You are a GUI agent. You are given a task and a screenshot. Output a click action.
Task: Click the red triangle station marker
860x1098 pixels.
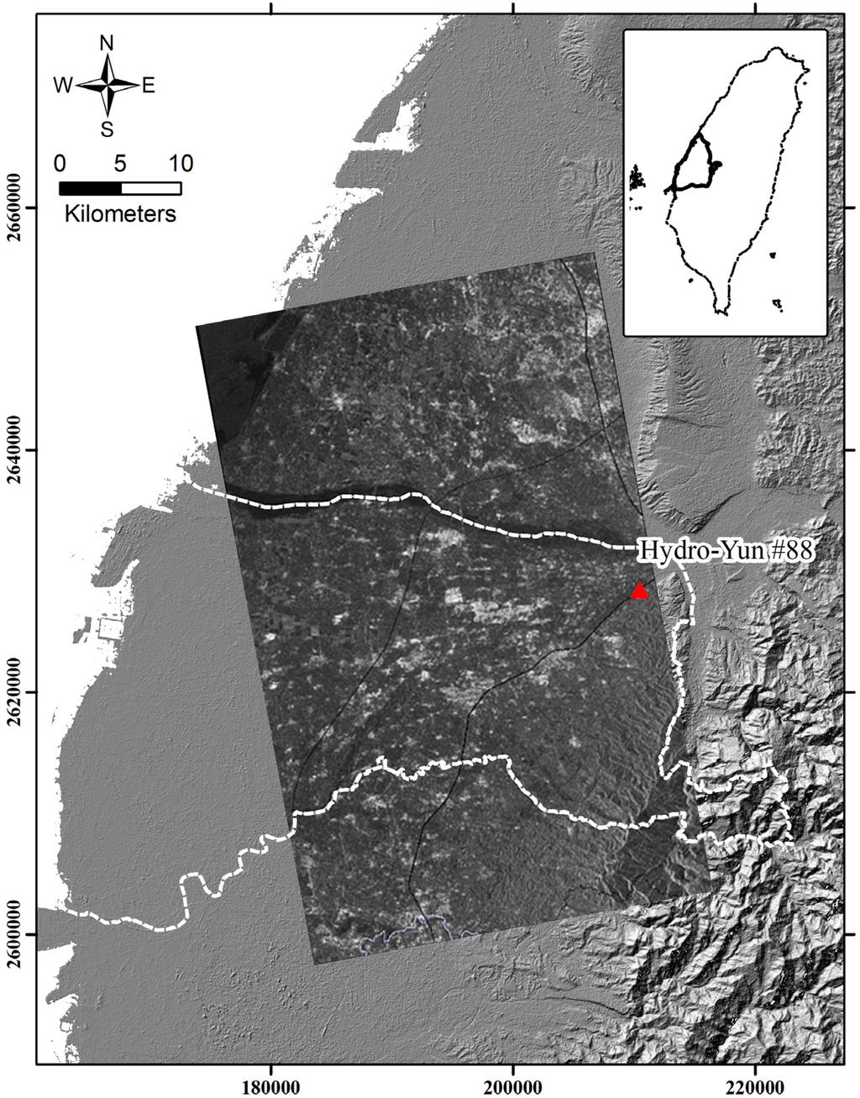click(640, 591)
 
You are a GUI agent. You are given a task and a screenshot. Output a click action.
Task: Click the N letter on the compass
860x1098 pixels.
click(107, 44)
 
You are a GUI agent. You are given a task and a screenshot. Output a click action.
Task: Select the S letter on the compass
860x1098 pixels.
click(107, 129)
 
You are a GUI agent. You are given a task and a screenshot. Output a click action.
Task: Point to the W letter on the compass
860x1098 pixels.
click(63, 85)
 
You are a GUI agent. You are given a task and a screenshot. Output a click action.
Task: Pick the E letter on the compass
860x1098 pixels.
click(149, 85)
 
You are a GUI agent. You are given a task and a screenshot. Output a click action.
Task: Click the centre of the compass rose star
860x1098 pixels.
click(107, 85)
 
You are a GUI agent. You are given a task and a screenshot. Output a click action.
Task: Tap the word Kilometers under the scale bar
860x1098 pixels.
click(120, 213)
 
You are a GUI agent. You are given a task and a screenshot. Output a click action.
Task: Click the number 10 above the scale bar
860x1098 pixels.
click(181, 162)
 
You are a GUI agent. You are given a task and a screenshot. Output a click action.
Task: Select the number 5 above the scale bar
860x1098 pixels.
click(120, 162)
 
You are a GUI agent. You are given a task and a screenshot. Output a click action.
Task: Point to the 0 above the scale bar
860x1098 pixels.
click(59, 162)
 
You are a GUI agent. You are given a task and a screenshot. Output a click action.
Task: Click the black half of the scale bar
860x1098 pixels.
click(90, 187)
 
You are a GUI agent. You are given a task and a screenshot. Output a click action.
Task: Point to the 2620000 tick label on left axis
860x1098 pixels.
click(18, 692)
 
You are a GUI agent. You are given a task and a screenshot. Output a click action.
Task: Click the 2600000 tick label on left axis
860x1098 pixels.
click(18, 934)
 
